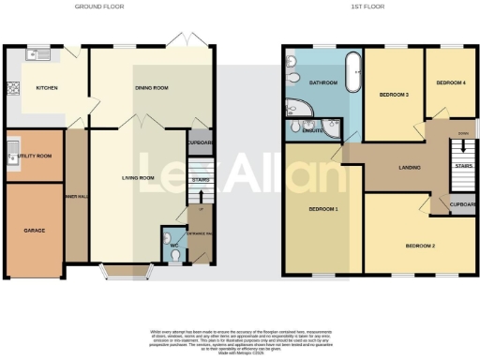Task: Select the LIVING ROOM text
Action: click(138, 177)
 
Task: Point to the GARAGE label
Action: click(35, 230)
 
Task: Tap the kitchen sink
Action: click(40, 54)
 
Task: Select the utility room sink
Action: click(11, 152)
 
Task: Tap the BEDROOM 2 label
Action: click(419, 246)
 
